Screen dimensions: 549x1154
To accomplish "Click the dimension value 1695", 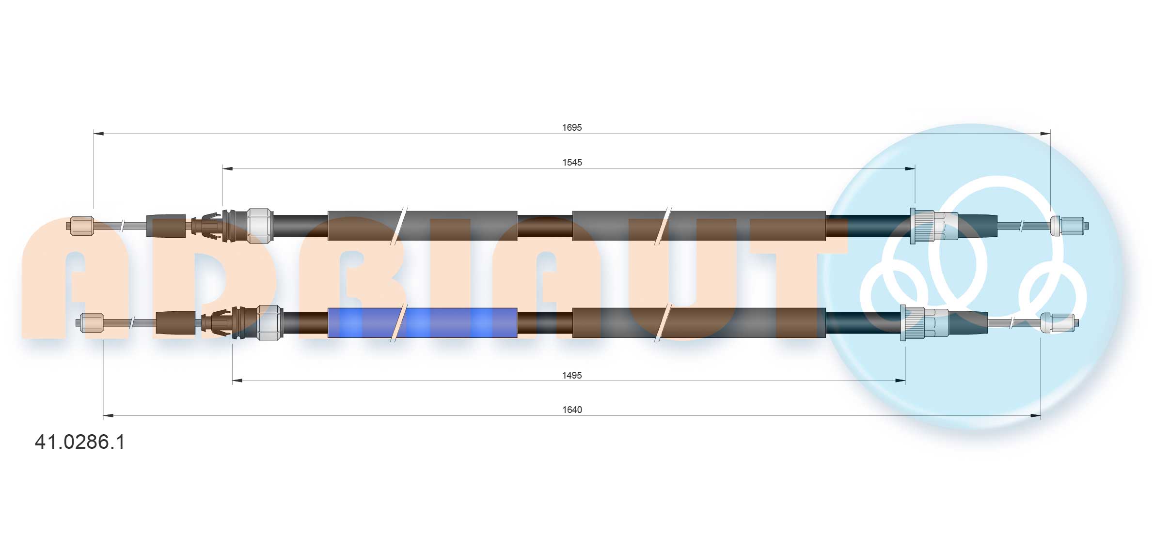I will (x=571, y=127).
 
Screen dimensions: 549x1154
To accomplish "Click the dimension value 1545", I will (x=572, y=162).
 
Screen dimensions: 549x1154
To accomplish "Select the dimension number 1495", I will (x=571, y=375).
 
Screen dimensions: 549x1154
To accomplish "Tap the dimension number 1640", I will (x=572, y=410).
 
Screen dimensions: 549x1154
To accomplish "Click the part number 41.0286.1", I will (x=80, y=442).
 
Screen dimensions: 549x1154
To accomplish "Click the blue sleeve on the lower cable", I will (x=422, y=322).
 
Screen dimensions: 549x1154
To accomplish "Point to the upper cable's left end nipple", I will (x=81, y=226).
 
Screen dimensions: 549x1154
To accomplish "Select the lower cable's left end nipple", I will (x=91, y=322).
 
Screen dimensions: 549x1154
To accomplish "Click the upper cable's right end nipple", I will (x=1068, y=226).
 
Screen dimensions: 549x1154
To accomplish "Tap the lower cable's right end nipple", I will (x=1059, y=322).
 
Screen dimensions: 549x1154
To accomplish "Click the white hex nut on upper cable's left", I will (x=260, y=226).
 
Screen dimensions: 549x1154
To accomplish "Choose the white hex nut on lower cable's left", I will (x=269, y=322).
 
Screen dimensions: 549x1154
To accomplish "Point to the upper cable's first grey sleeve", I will (x=422, y=226).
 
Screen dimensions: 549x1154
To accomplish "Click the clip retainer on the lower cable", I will (x=218, y=322).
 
